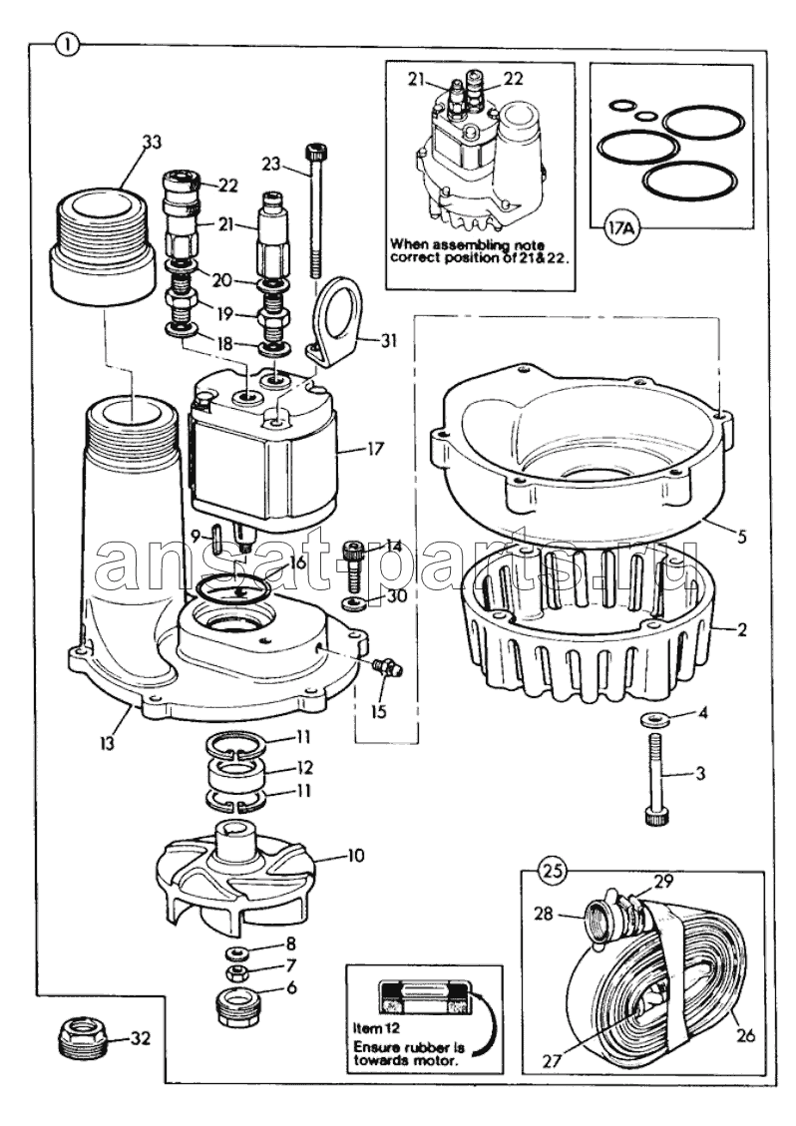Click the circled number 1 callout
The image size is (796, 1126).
tap(67, 44)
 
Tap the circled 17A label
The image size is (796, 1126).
tap(619, 230)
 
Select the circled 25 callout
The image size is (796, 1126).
tap(555, 870)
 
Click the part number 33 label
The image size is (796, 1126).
tap(150, 143)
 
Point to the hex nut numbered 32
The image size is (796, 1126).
tap(77, 1044)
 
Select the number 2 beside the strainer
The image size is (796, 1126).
tap(742, 631)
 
